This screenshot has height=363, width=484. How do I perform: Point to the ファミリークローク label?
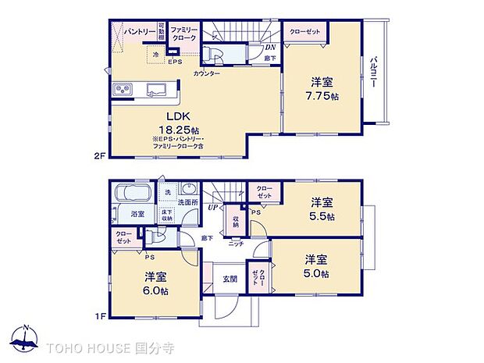click(x=185, y=32)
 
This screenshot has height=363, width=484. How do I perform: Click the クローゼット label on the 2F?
click(x=304, y=32)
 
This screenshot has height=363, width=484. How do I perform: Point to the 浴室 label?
click(x=137, y=212)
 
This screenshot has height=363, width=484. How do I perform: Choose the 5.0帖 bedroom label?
click(x=315, y=266)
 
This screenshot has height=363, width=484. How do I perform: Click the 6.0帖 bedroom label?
click(x=155, y=283)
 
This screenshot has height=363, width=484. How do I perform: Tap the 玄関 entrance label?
click(x=230, y=279)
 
